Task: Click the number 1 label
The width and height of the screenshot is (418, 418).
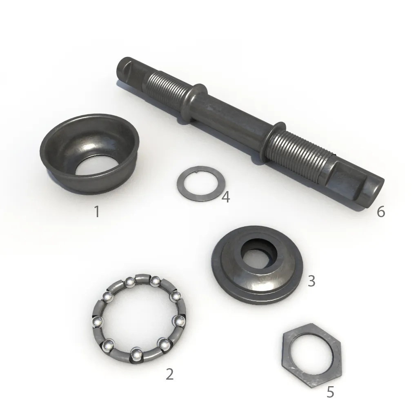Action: (97, 211)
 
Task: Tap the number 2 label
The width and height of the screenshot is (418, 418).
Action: (169, 374)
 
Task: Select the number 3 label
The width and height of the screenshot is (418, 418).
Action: (311, 281)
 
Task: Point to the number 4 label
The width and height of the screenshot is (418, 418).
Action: (225, 197)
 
